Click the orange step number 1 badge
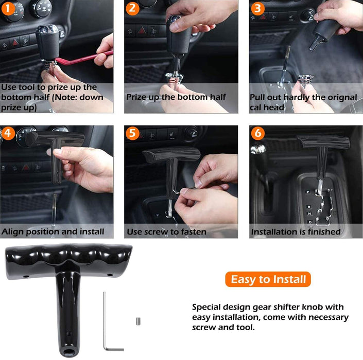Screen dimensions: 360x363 (x=7, y=8)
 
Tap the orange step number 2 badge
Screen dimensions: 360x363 (x=132, y=8)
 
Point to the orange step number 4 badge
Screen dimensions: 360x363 (x=7, y=133)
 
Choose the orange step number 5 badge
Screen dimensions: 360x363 (x=132, y=133)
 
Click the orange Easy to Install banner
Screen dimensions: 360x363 (x=268, y=280)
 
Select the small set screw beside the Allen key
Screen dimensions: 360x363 (x=139, y=321)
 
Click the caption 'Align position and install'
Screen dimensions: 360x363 (x=53, y=232)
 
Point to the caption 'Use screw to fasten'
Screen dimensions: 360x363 (x=166, y=232)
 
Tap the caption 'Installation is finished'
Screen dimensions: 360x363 (x=296, y=232)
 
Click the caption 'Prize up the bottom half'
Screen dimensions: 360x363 (x=176, y=97)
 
